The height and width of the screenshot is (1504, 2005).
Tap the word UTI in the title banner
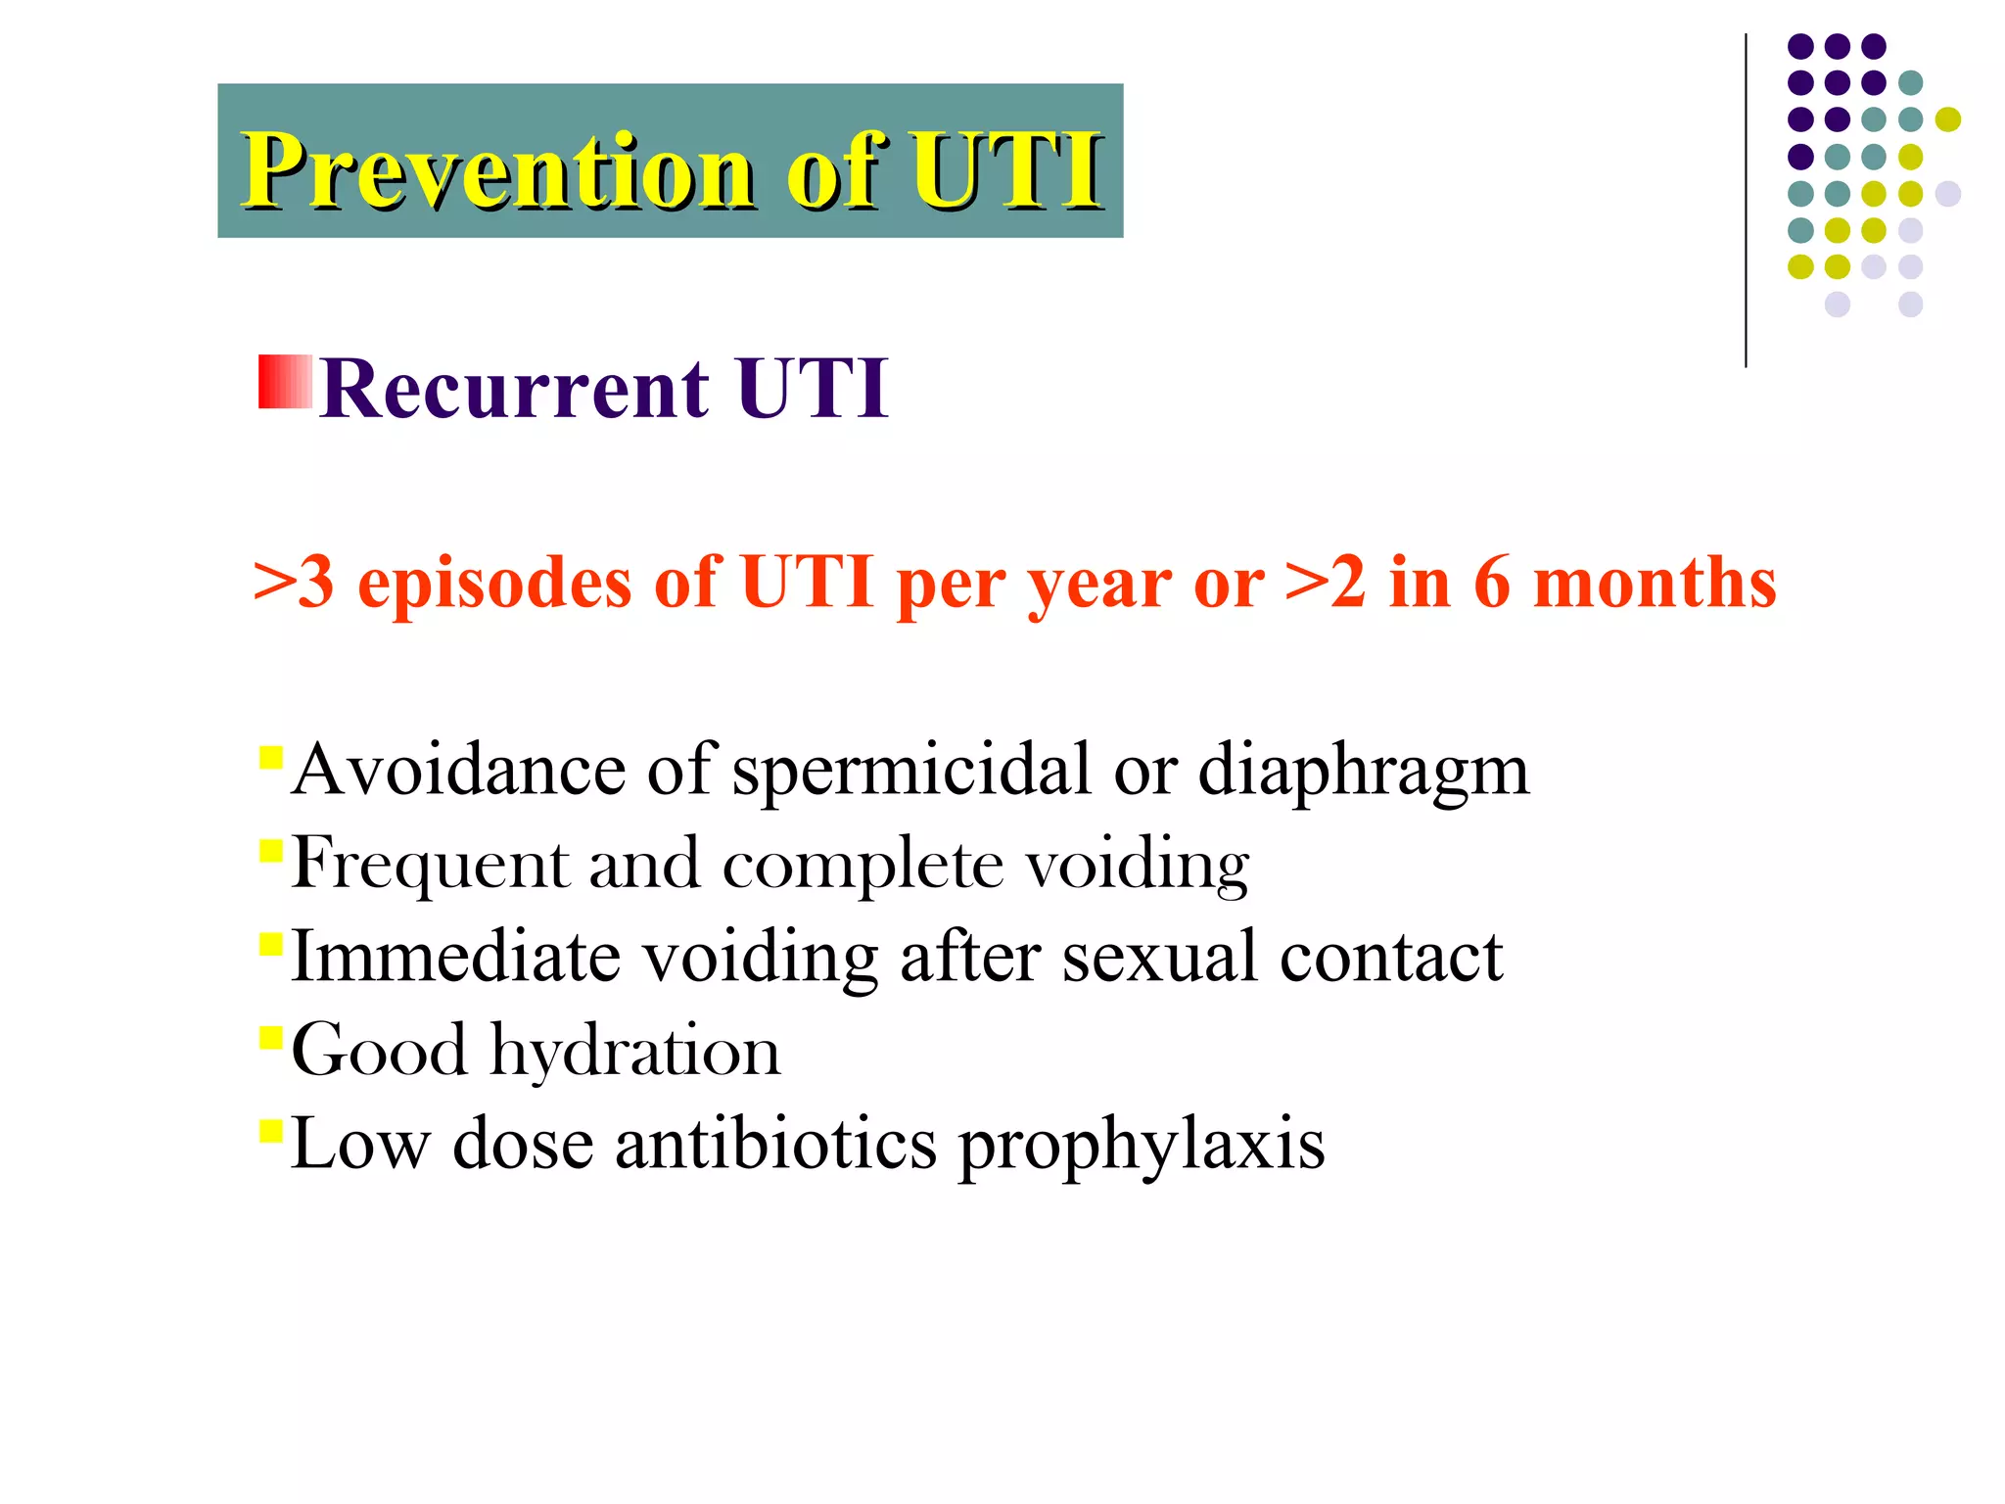[x=1006, y=171]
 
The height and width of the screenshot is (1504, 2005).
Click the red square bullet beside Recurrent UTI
[x=285, y=382]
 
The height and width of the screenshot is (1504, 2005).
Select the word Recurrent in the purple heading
[x=514, y=389]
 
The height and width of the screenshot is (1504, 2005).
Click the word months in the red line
[x=1654, y=584]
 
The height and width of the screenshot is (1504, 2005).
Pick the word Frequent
[x=430, y=865]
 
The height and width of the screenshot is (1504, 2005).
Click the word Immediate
[x=455, y=957]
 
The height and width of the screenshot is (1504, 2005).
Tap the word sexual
[x=1159, y=957]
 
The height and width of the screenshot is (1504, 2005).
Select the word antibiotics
[x=775, y=1144]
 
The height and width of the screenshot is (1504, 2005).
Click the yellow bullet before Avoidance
[x=271, y=757]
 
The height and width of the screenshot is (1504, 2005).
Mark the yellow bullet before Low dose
[x=271, y=1131]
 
